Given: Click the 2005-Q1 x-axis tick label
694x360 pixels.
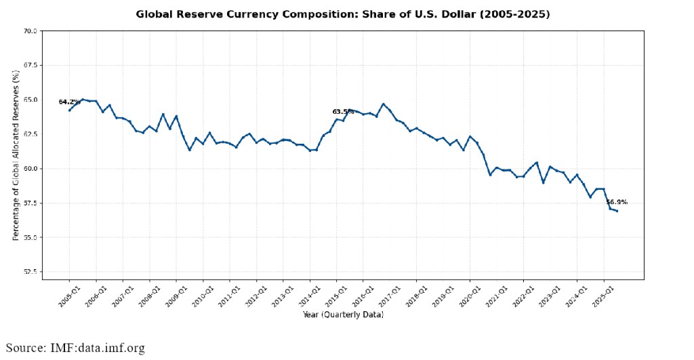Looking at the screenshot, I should pyautogui.click(x=68, y=296).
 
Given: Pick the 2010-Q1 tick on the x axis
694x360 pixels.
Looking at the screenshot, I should pyautogui.click(x=202, y=296).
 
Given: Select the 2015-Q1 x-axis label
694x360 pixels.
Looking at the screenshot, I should pyautogui.click(x=335, y=296).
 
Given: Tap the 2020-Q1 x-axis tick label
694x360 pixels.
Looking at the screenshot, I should pyautogui.click(x=469, y=296).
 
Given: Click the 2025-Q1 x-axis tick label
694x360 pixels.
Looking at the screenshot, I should pyautogui.click(x=603, y=296).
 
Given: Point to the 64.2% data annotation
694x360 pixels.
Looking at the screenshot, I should pyautogui.click(x=68, y=102).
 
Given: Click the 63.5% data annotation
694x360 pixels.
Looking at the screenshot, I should pyautogui.click(x=343, y=112).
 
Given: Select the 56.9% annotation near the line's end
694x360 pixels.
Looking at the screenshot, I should pyautogui.click(x=617, y=202).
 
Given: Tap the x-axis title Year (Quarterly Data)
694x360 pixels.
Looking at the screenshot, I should pyautogui.click(x=342, y=315).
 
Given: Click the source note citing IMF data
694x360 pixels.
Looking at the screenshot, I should pyautogui.click(x=76, y=348).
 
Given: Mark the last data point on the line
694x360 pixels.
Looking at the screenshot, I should pyautogui.click(x=617, y=211).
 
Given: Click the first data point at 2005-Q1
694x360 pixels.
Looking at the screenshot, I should pyautogui.click(x=70, y=110).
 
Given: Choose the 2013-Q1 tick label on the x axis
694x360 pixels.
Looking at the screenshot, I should pyautogui.click(x=282, y=296).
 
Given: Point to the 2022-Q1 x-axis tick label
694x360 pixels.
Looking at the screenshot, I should pyautogui.click(x=523, y=296).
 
